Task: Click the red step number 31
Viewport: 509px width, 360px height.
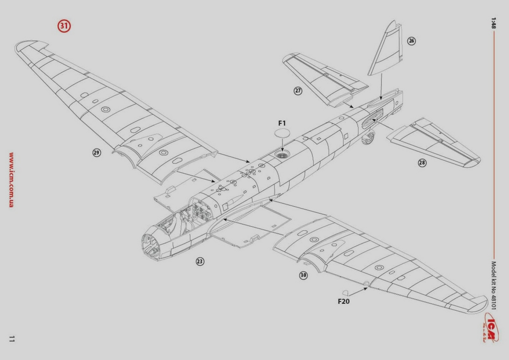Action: (64, 26)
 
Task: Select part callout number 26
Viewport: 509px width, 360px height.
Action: (411, 41)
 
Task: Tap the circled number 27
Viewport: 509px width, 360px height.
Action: (298, 90)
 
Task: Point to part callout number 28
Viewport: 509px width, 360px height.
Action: (422, 163)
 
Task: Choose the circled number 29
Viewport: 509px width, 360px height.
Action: (97, 152)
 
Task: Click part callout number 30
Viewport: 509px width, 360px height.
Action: (304, 275)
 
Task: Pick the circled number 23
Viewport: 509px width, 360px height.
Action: (200, 262)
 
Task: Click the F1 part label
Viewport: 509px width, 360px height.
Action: (282, 123)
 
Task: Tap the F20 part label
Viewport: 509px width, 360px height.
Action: (344, 301)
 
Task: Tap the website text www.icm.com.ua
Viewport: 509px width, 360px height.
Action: (11, 180)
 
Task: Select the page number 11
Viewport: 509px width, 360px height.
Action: (12, 338)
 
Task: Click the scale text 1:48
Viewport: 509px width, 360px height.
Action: (493, 23)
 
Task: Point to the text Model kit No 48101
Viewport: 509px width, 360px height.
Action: (493, 286)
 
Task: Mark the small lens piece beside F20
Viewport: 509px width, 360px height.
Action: (345, 292)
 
